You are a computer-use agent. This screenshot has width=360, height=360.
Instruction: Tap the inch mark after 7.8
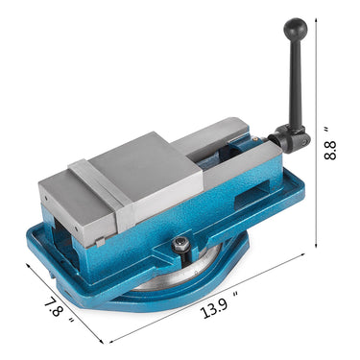pyautogui.click(x=67, y=300)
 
